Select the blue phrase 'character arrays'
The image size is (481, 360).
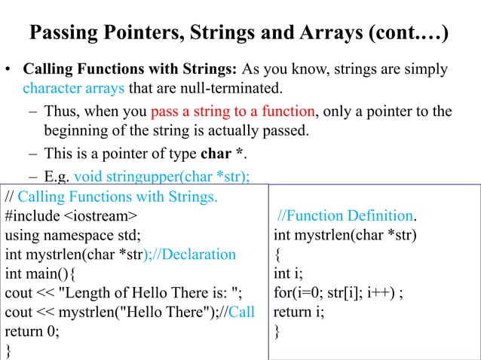click(71, 90)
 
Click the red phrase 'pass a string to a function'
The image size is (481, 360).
click(233, 111)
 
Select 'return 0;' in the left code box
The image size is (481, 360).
click(32, 331)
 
